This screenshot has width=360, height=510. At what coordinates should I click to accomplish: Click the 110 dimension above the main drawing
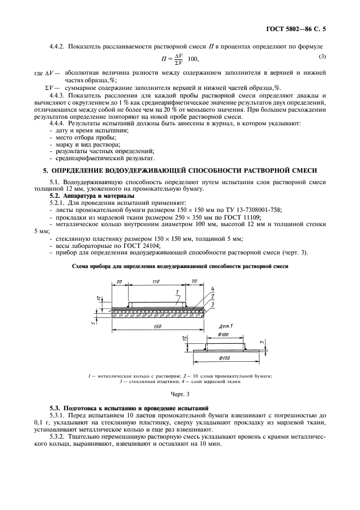(156, 281)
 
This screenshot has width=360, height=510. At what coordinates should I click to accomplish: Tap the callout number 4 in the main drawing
(212, 288)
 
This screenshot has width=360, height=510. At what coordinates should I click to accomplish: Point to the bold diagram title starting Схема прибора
(180, 266)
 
